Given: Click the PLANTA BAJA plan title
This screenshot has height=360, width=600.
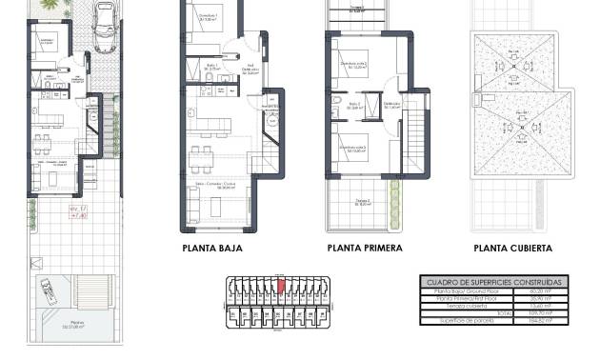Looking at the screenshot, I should point(211,249).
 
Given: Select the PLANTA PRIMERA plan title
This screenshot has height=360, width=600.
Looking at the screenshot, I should point(364,249).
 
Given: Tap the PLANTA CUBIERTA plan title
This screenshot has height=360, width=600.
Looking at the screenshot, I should point(512,249).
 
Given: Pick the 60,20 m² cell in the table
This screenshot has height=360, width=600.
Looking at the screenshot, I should point(549,292).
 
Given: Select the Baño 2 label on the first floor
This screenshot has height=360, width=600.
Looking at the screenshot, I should point(353,105).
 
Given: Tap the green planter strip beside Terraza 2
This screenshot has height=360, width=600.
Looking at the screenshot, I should point(394,199).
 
